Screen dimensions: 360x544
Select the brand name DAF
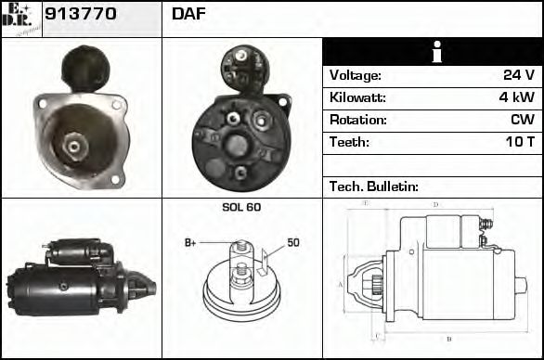click(x=189, y=14)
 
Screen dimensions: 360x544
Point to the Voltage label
click(x=356, y=75)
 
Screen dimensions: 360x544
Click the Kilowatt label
click(x=357, y=97)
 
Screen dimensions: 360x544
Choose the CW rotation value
click(x=522, y=120)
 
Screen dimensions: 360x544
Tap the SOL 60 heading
click(x=241, y=207)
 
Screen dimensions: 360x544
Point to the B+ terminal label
click(x=190, y=243)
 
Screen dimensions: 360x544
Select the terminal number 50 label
click(x=293, y=243)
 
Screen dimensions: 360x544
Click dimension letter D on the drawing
click(x=435, y=204)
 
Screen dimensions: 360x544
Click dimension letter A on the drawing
click(x=341, y=284)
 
